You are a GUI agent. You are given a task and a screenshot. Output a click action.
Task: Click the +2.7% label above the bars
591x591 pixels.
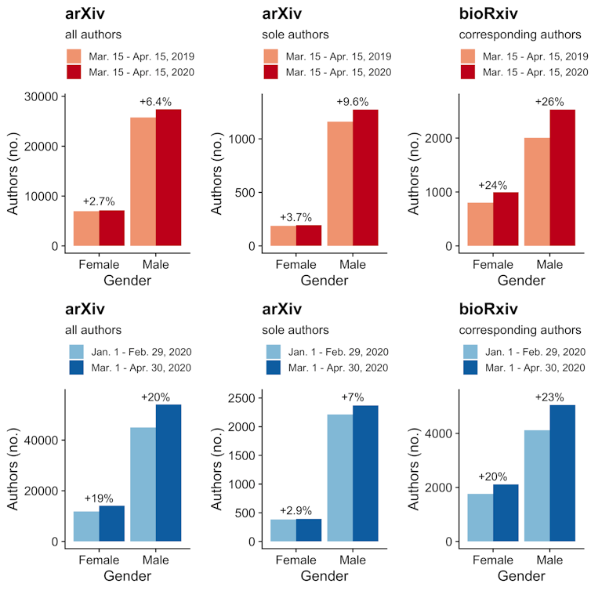tap(99, 201)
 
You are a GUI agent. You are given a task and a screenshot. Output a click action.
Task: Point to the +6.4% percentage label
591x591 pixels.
tap(155, 101)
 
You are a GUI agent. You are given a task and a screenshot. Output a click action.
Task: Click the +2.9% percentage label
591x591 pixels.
tap(295, 511)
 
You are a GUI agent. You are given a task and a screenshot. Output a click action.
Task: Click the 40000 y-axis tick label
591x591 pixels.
tap(42, 440)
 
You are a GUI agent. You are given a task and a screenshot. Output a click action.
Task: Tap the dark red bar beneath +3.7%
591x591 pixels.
tap(309, 236)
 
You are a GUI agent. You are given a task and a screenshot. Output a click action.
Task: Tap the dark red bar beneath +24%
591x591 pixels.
tap(506, 219)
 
